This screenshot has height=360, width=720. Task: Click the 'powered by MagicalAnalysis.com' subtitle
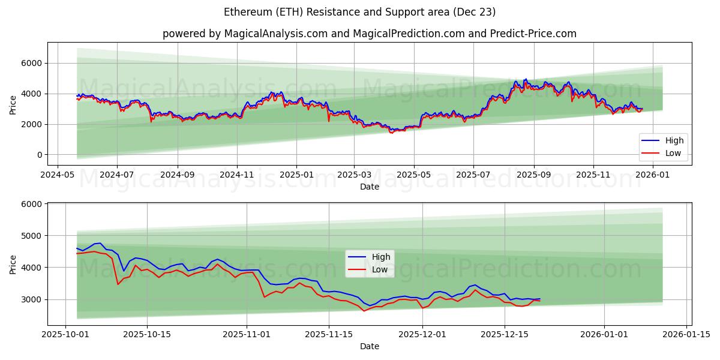(369, 34)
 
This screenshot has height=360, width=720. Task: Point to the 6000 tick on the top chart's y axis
(31, 63)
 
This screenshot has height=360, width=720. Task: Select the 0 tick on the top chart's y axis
(39, 155)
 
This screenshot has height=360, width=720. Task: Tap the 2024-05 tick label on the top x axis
(57, 175)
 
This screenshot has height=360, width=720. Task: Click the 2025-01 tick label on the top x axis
(296, 175)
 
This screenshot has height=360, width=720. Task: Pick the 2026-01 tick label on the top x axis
(652, 175)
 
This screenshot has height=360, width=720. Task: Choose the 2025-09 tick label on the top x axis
(533, 175)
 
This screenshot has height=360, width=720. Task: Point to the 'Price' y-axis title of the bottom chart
(13, 263)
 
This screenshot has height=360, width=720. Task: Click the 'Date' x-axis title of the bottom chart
(369, 346)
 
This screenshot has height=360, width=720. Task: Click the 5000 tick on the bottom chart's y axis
(31, 236)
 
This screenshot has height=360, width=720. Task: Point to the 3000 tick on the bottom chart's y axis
(31, 299)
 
